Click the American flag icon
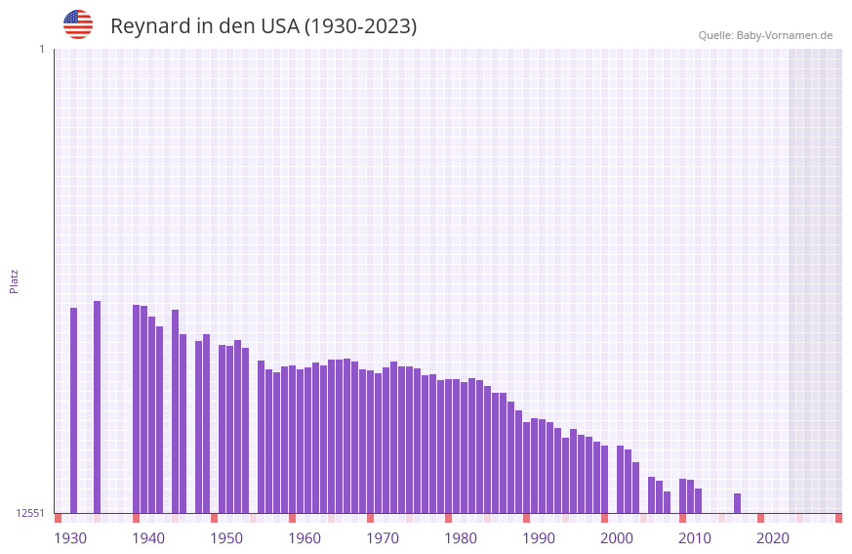(78, 24)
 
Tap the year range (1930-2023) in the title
(361, 26)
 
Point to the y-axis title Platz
(14, 280)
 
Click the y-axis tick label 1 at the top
(41, 49)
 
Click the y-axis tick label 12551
(30, 513)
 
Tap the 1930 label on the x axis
(70, 538)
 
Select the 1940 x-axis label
(148, 538)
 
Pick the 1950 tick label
(226, 538)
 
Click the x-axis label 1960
(304, 538)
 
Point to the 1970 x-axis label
(383, 538)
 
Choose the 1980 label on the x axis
(461, 538)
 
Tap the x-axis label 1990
(539, 538)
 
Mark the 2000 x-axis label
(617, 538)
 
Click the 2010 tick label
(695, 538)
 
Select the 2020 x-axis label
(773, 538)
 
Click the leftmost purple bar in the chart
(73, 410)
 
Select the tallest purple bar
(97, 406)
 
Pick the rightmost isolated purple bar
(737, 503)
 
